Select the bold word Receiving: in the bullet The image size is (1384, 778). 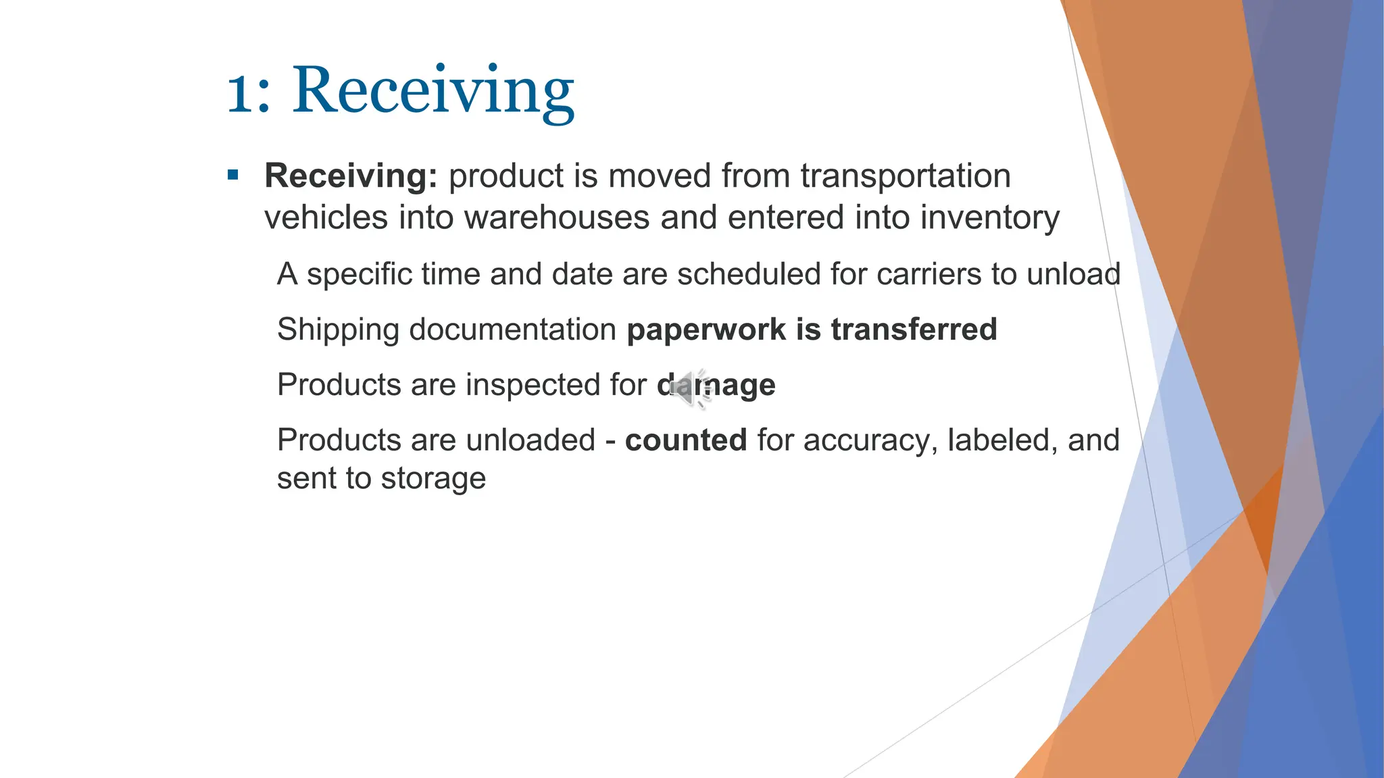click(351, 176)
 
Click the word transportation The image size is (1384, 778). click(906, 176)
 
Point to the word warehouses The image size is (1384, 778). click(556, 218)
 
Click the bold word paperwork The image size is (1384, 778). click(706, 330)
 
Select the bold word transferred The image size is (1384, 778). click(914, 330)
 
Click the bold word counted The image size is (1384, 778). click(685, 440)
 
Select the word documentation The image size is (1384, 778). click(512, 330)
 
